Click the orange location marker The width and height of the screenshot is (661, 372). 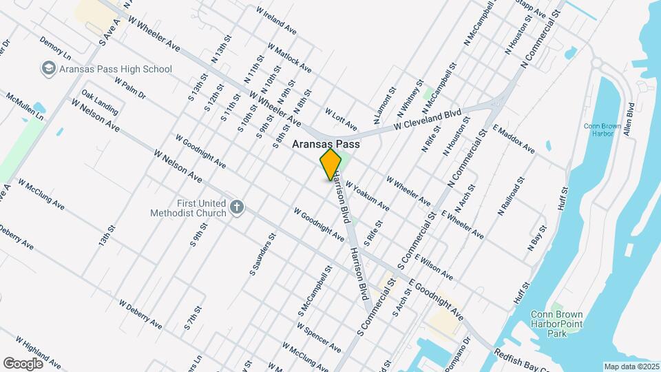tap(330, 165)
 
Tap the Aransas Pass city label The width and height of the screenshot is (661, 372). tap(327, 145)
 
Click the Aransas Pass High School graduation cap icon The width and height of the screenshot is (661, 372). tap(49, 69)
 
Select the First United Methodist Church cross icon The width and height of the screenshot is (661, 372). tap(237, 208)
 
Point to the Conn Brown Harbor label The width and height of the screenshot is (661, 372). tap(602, 131)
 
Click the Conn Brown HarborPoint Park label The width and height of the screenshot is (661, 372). tap(558, 324)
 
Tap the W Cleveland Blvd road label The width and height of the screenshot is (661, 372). tap(427, 121)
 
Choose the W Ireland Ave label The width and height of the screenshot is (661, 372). tap(276, 21)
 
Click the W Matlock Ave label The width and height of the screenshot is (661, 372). tap(292, 59)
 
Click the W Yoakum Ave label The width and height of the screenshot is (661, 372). tap(367, 196)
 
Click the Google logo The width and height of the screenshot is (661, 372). tap(23, 363)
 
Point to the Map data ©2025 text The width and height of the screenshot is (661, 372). tap(631, 366)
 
